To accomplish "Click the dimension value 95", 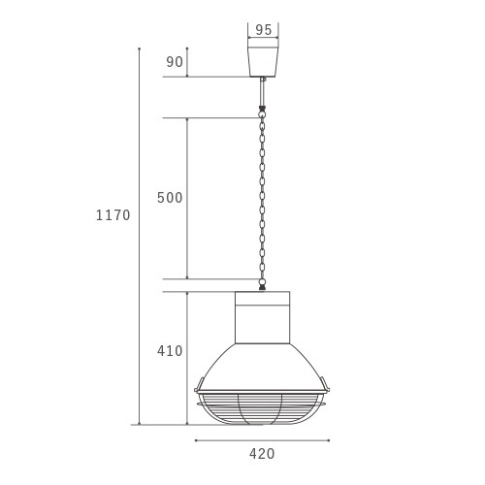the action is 264,30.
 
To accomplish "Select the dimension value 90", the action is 175,62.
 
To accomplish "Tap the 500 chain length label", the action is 170,197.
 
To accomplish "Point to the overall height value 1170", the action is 113,215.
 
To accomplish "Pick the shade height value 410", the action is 170,351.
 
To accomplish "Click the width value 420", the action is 262,454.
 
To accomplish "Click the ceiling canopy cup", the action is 263,61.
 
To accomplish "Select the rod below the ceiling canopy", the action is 262,92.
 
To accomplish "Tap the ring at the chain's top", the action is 262,114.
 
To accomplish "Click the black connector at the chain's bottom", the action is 262,286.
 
